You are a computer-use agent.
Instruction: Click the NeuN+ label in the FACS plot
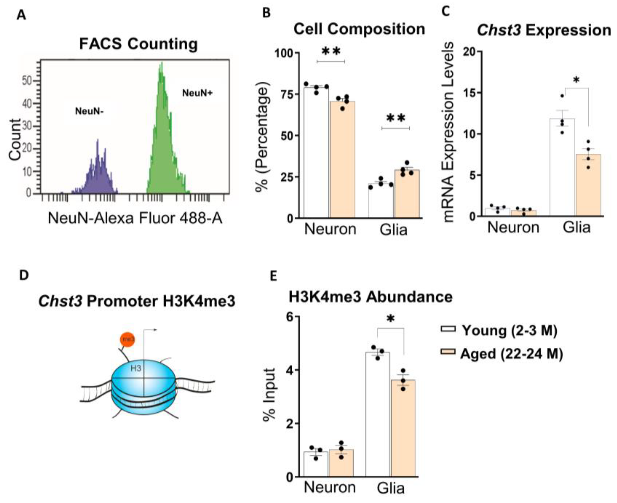tap(197, 93)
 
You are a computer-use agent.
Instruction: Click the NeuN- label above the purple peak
tap(89, 111)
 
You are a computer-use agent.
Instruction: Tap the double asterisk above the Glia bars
tap(396, 118)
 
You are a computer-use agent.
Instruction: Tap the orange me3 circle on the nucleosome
tap(128, 339)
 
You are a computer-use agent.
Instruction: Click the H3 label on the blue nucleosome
tap(136, 368)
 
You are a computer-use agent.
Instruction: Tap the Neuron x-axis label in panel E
tap(330, 488)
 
